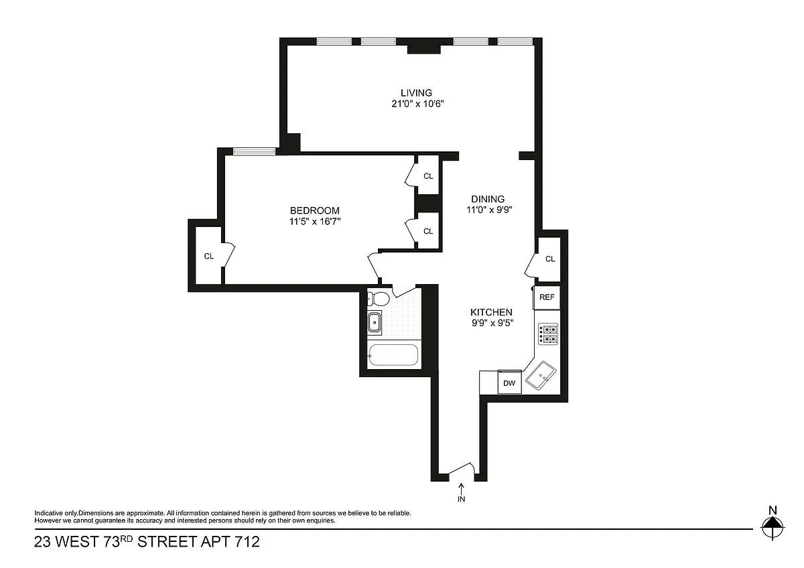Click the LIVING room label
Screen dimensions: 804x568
416,93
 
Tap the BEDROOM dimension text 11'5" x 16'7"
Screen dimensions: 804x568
315,222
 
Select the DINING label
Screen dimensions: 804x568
488,199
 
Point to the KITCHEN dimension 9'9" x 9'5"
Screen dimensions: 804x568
492,324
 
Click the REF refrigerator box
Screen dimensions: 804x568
547,297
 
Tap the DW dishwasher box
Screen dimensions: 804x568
509,383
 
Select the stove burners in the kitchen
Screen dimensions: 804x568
548,334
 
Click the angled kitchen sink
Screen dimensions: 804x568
541,375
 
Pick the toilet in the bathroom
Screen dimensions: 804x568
379,299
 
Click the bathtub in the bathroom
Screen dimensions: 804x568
394,355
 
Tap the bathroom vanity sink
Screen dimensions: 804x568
375,323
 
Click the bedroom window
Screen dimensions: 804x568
255,151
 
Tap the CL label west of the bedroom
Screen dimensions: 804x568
209,256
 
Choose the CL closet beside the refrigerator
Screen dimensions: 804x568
549,259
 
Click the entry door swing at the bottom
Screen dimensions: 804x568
462,469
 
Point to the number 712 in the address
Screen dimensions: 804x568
247,542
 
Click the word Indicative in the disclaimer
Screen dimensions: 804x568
49,513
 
